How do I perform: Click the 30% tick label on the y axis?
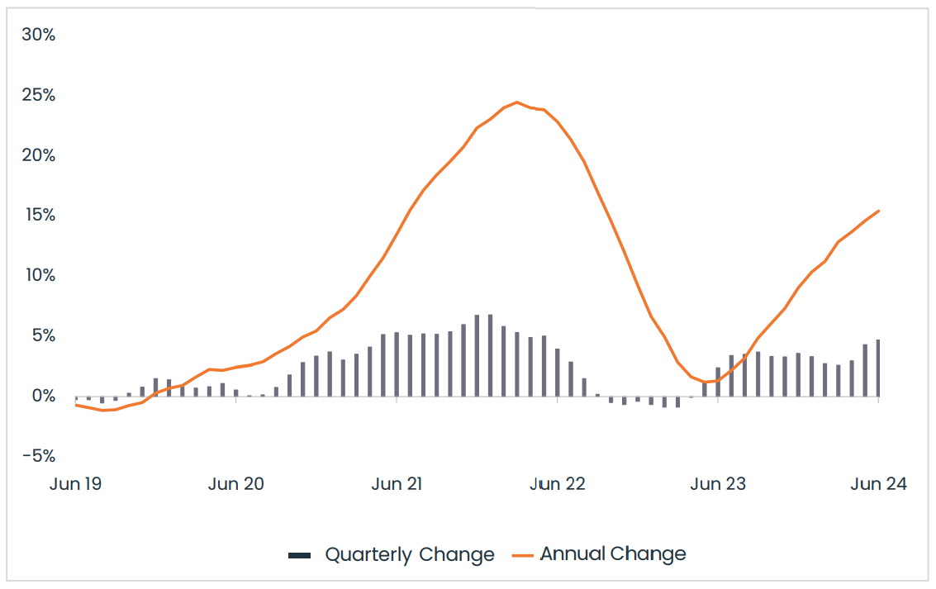point(38,35)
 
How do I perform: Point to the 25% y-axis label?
point(38,95)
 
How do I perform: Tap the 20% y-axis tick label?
point(38,155)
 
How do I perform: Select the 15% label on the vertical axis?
point(38,215)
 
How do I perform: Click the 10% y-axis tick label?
point(38,275)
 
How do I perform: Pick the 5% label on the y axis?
point(42,336)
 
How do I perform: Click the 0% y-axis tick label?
point(42,396)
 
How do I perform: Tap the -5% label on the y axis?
point(39,456)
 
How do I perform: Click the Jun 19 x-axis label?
point(75,484)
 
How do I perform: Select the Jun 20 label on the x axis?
point(236,484)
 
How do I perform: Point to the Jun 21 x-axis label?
point(397,484)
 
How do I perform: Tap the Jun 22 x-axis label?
point(558,484)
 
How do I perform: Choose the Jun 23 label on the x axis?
point(718,484)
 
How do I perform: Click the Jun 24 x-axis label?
point(878,484)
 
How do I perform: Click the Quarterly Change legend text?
point(410,554)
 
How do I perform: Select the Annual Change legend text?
point(613,554)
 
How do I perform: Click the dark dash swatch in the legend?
point(299,555)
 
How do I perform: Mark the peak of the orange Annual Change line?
point(517,102)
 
